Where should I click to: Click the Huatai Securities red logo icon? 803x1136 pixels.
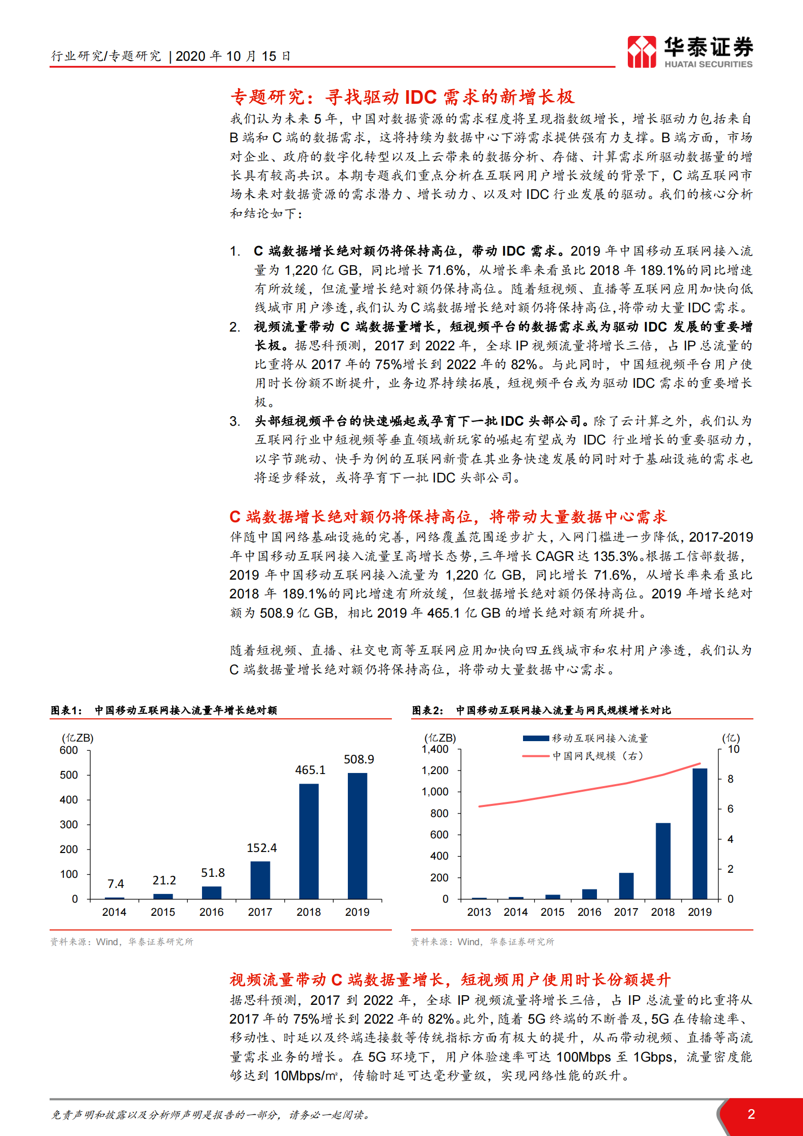641,52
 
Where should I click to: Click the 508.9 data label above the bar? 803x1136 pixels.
358,759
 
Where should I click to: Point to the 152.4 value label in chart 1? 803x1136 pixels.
261,848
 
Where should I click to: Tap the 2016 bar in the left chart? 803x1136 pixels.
212,892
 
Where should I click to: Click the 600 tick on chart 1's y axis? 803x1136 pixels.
69,750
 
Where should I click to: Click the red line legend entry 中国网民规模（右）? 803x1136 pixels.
597,756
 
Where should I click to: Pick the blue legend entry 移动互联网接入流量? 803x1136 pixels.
599,738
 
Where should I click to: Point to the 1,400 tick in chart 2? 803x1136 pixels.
435,749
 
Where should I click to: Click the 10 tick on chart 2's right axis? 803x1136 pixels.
734,749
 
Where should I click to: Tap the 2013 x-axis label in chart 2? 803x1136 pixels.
479,912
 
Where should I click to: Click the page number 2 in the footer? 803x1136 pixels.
751,1114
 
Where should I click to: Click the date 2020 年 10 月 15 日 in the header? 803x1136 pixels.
233,56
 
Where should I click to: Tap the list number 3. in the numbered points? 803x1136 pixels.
235,421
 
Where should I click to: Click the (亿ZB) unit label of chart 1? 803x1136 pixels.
77,738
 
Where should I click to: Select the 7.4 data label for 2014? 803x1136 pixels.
115,884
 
